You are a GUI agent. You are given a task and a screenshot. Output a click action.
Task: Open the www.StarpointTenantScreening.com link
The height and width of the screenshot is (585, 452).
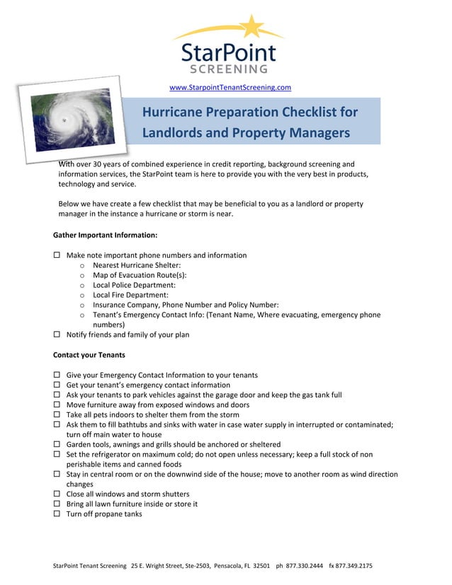click(230, 87)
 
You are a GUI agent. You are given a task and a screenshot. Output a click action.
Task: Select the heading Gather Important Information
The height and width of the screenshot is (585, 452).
click(105, 235)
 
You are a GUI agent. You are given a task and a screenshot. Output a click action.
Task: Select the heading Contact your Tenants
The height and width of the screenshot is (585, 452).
click(89, 355)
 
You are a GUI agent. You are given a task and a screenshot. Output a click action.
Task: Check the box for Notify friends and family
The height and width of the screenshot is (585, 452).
click(57, 335)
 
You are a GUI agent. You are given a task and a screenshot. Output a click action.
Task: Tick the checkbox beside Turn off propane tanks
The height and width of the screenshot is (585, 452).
click(57, 514)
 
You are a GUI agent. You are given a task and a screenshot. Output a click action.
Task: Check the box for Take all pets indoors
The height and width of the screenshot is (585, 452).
click(57, 415)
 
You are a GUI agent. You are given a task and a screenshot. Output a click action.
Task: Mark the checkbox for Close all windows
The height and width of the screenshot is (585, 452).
click(57, 494)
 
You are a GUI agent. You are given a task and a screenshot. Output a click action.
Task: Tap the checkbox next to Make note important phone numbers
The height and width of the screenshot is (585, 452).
click(57, 256)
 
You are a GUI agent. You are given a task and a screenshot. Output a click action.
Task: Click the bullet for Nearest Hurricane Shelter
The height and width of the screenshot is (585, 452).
click(83, 266)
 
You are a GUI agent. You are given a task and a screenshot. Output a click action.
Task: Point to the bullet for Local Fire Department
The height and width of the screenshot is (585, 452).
click(83, 295)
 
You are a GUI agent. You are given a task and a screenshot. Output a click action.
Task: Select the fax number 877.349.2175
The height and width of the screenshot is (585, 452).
click(355, 567)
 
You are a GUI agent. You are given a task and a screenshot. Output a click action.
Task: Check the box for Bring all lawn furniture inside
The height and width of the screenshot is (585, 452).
click(57, 504)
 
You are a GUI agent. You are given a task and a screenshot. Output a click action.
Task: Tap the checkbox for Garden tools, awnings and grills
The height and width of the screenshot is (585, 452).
click(57, 445)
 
